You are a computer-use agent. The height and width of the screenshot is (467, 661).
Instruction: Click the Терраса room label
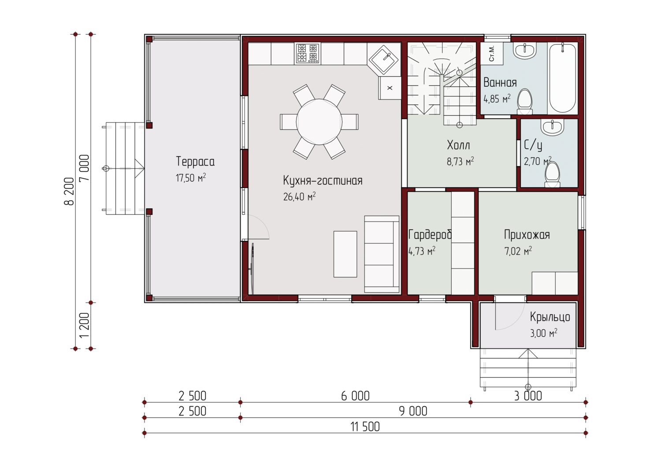coord(195,162)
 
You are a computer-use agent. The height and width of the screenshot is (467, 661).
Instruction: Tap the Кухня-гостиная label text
coord(323,180)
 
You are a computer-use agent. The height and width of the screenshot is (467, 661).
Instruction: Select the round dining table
coord(319,122)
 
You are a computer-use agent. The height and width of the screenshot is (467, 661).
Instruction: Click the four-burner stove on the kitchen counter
coord(308,53)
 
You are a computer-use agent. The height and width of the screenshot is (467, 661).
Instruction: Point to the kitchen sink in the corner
coord(383,60)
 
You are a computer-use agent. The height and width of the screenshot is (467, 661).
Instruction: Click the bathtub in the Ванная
coord(562,78)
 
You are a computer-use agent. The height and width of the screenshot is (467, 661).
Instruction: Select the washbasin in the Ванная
coord(525,51)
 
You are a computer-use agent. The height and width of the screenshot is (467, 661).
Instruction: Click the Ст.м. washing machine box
coord(492,53)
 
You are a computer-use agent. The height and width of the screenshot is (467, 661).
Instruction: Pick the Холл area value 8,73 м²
coord(460,161)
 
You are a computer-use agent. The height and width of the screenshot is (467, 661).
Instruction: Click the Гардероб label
coord(430,235)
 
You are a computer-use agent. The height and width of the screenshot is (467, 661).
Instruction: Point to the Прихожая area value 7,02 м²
coord(518,251)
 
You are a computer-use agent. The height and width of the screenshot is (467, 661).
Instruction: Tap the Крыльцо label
coord(550,317)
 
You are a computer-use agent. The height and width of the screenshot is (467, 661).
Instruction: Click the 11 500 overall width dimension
coord(365,427)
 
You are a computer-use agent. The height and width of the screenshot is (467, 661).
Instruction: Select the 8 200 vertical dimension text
coord(69,191)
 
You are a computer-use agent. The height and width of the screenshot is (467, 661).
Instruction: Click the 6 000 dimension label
coord(355,396)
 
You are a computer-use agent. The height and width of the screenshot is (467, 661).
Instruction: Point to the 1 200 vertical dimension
coord(85,325)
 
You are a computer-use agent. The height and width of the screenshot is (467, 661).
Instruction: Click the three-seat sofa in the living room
coord(382,254)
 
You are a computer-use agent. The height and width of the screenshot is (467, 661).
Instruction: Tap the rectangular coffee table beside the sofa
coord(345,254)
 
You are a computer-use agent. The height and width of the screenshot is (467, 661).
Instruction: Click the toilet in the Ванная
coord(525,102)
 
